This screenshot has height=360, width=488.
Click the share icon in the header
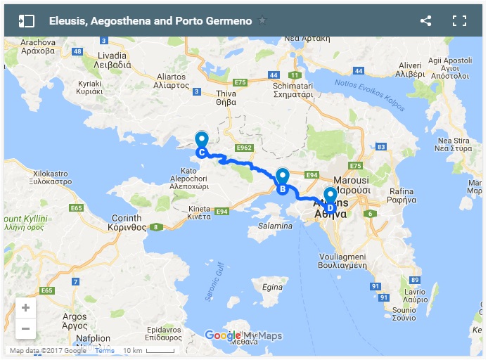[425, 20]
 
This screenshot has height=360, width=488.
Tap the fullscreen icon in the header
[460, 20]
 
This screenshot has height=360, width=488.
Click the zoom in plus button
[26, 308]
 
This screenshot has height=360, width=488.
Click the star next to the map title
[262, 20]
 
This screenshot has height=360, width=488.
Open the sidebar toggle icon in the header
[27, 20]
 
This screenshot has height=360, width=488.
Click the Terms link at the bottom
[105, 350]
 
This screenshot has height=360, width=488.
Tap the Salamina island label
[275, 226]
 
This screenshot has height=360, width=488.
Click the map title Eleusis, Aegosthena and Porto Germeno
[150, 20]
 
